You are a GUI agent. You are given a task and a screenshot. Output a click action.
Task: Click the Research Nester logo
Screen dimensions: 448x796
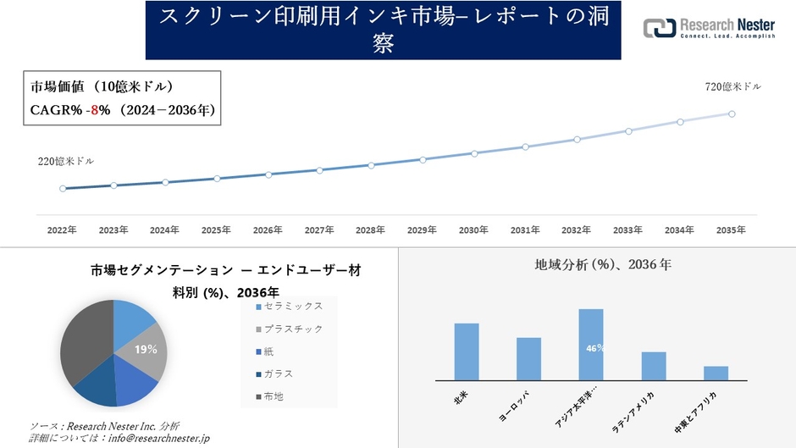coord(709,30)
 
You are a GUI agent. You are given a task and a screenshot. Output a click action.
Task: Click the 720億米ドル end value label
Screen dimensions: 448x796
coord(732,87)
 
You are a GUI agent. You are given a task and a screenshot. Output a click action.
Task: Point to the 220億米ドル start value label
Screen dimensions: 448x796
coord(66,161)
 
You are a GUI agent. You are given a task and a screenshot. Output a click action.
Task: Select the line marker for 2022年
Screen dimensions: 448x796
coord(63,189)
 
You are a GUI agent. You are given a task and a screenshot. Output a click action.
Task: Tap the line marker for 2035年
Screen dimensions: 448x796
coord(732,113)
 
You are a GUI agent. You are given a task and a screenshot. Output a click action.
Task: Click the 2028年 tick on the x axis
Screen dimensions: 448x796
coord(371,230)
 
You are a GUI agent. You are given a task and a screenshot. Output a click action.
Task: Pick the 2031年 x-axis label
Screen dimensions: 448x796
coord(525,230)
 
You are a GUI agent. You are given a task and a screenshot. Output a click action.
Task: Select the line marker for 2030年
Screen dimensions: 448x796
coord(474,153)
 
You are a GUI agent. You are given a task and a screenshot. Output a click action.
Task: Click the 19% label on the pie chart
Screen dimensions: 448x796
coord(146,349)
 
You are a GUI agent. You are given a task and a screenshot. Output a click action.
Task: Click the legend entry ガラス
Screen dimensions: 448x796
coord(280,373)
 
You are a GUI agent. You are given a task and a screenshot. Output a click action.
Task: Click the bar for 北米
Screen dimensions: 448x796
coord(467,351)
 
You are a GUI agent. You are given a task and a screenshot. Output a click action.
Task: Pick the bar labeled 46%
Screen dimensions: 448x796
coord(591,345)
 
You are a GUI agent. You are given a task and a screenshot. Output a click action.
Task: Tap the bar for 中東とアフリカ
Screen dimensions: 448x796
coord(716,373)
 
